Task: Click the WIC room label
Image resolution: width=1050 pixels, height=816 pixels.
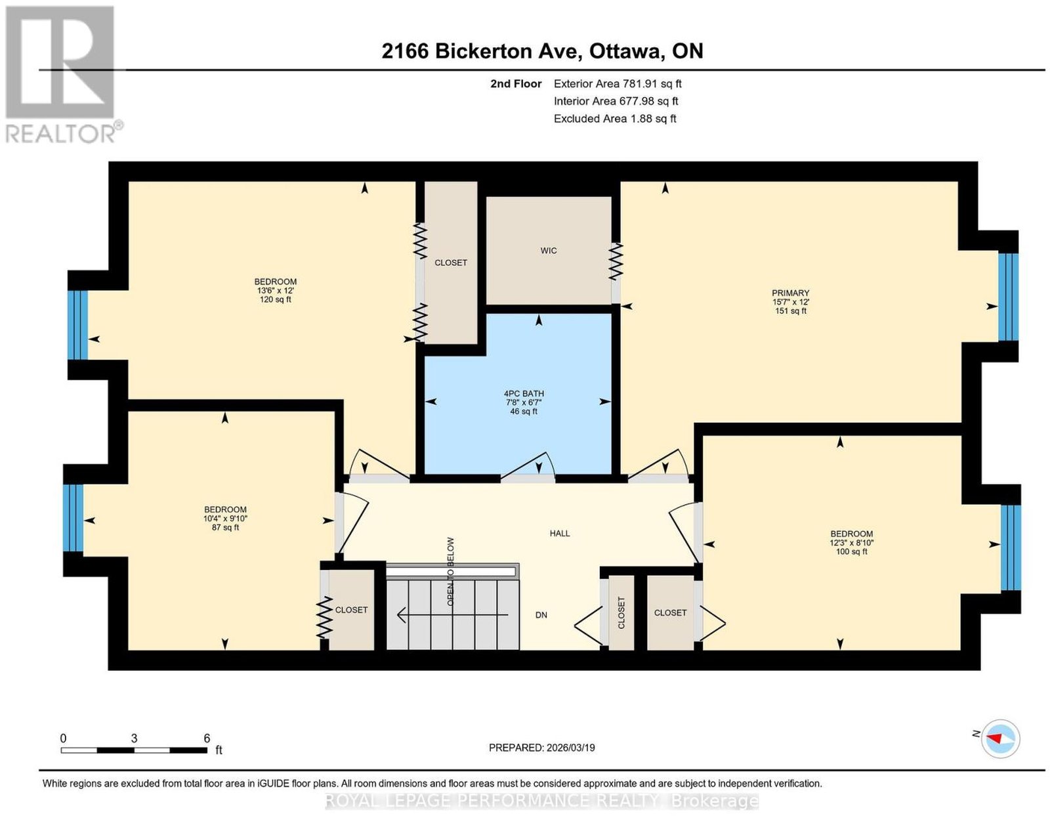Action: [548, 251]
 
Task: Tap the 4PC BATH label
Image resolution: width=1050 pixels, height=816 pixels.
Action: [523, 394]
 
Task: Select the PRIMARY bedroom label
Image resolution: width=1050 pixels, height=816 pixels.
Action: [790, 293]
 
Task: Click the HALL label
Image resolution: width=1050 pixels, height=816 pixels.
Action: [560, 533]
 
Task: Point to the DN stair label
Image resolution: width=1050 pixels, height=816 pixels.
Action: [541, 615]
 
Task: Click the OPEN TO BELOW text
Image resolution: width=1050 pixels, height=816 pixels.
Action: [450, 572]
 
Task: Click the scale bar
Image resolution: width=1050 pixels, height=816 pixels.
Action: [135, 750]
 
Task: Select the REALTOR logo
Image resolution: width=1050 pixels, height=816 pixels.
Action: [61, 75]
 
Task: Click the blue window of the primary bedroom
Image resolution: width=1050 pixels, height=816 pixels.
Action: [1009, 297]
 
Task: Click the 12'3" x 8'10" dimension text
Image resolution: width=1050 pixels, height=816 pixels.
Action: [851, 542]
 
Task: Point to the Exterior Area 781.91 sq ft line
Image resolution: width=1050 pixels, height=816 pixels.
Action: [618, 83]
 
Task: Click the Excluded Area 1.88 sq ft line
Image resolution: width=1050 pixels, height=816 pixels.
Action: [615, 118]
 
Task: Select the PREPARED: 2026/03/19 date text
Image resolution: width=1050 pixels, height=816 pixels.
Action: [541, 748]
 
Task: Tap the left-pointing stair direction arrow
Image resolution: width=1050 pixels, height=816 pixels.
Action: [452, 615]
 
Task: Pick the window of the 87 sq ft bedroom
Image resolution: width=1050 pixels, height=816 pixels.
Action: [73, 518]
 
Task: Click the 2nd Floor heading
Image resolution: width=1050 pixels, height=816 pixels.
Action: [516, 83]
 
